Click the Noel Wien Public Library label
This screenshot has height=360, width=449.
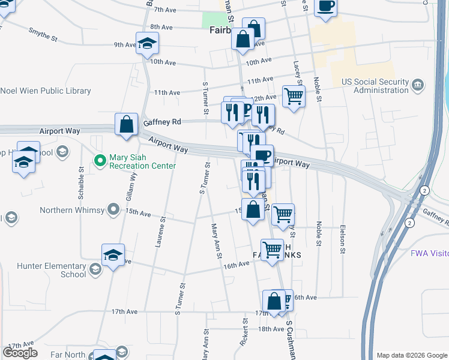(x=46, y=91)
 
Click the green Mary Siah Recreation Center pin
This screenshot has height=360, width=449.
(x=100, y=161)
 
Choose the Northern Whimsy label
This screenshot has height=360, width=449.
(x=72, y=210)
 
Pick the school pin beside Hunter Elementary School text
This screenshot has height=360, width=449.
(x=95, y=271)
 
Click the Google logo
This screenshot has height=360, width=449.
(x=20, y=353)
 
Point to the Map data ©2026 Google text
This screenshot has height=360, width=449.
(x=411, y=355)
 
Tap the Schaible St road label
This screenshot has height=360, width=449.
(x=81, y=179)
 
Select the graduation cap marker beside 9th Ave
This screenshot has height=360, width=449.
(x=146, y=43)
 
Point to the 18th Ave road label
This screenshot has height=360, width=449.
(x=271, y=329)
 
